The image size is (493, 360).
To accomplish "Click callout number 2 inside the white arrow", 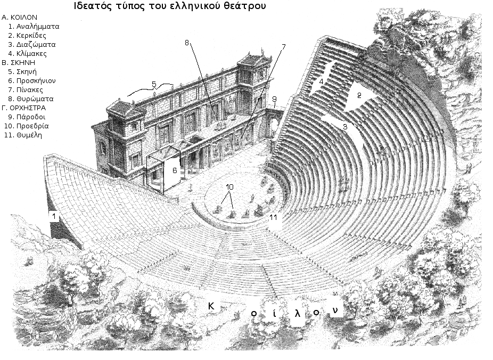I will [359, 96].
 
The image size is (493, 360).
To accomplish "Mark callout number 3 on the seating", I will [345, 127].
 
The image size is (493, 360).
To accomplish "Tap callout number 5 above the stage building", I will [153, 84].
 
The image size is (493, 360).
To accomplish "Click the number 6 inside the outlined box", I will [174, 170].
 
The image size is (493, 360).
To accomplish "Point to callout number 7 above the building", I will [283, 47].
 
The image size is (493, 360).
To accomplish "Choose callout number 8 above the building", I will [187, 44].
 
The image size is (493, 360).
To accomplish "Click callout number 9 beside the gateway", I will [274, 99].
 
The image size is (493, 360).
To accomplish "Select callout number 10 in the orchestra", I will [229, 187].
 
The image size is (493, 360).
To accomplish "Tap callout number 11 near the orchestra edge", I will [274, 218].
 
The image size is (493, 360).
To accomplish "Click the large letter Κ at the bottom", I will [211, 306].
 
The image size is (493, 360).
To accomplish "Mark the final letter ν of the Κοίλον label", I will [335, 310].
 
